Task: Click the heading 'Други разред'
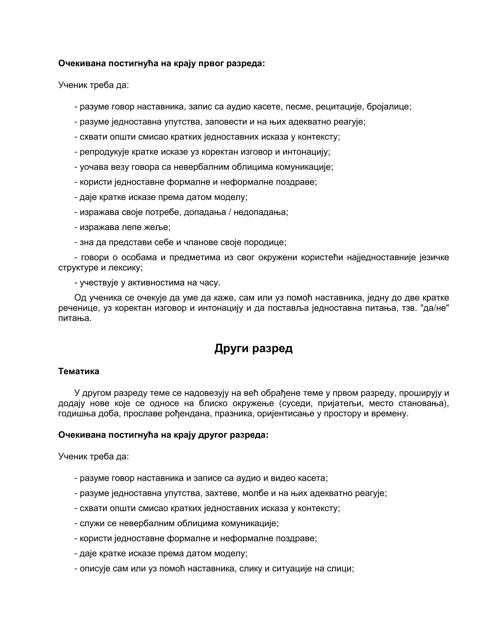click(253, 348)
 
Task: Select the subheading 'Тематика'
click(79, 371)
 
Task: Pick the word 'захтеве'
click(223, 493)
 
